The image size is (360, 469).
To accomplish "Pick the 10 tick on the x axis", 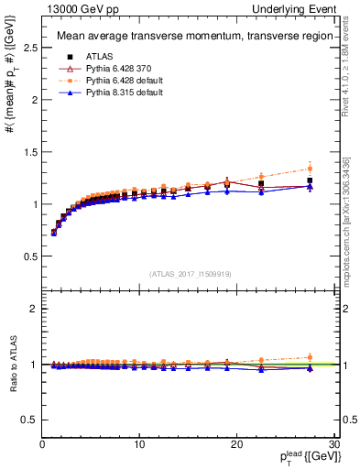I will click(139, 445).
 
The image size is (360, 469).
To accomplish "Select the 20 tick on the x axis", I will click(236, 445).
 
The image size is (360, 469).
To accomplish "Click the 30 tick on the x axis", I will click(333, 445).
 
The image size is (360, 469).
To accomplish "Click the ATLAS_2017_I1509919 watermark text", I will click(189, 273).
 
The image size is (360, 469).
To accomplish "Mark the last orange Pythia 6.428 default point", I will click(310, 169).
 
